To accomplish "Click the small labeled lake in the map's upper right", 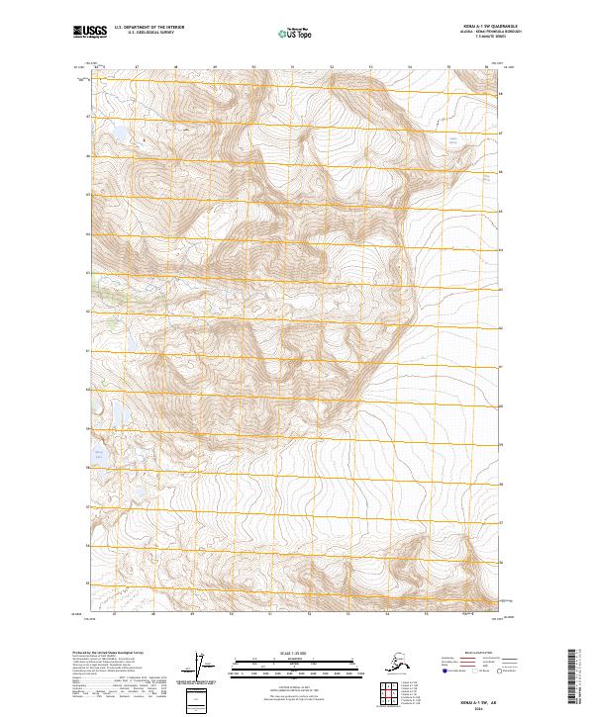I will pos(454,144).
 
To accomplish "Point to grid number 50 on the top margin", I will pos(253,67).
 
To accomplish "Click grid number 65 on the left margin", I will pos(87,194).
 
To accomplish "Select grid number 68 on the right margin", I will pos(501,95).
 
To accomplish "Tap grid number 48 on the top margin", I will pos(175,67).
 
